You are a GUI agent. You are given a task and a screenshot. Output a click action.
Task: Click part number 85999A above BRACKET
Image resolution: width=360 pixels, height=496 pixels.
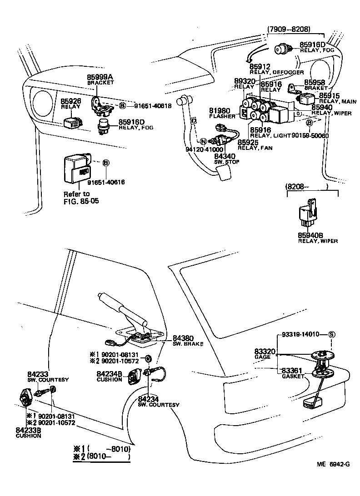[100, 78]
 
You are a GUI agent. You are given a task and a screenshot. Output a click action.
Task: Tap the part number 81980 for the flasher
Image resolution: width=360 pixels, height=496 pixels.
[220, 111]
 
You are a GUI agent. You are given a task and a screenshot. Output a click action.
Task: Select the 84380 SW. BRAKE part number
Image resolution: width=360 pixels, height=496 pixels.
[183, 338]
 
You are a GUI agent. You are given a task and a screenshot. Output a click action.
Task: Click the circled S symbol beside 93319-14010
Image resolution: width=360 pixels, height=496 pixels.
[331, 334]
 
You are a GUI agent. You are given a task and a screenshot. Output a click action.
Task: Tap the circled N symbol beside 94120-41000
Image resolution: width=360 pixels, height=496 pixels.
[203, 141]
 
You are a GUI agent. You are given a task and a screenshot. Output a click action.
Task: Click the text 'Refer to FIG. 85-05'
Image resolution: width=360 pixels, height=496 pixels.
[77, 197]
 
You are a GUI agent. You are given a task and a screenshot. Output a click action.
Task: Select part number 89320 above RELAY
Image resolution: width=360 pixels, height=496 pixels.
[244, 81]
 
